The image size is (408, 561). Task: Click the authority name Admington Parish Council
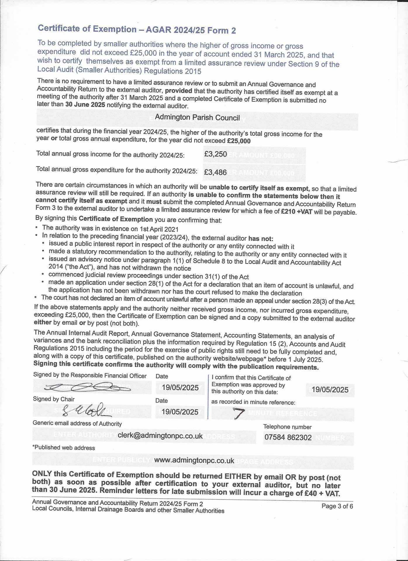(x=197, y=117)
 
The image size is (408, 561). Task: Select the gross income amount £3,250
(x=216, y=154)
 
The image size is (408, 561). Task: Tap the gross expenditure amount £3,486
(x=215, y=172)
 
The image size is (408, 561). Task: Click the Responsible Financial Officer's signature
(x=88, y=388)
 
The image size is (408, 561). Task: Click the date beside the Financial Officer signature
(x=180, y=388)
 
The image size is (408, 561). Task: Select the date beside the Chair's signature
(x=180, y=412)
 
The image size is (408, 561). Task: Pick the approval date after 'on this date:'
(x=330, y=390)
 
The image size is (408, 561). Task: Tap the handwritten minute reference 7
(x=238, y=413)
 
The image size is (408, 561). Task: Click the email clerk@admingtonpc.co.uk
(x=160, y=436)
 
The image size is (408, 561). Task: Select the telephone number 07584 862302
(x=288, y=437)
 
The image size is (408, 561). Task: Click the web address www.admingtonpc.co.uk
(x=194, y=460)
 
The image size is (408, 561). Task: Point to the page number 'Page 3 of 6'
(x=337, y=506)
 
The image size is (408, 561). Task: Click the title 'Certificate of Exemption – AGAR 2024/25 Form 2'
(x=137, y=30)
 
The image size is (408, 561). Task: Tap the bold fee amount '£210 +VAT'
(x=296, y=212)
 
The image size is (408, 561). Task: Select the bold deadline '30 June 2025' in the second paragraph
(x=85, y=105)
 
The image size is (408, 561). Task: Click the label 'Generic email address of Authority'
(x=77, y=423)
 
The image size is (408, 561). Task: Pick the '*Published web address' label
(x=63, y=448)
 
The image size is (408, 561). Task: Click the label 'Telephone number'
(x=287, y=427)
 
